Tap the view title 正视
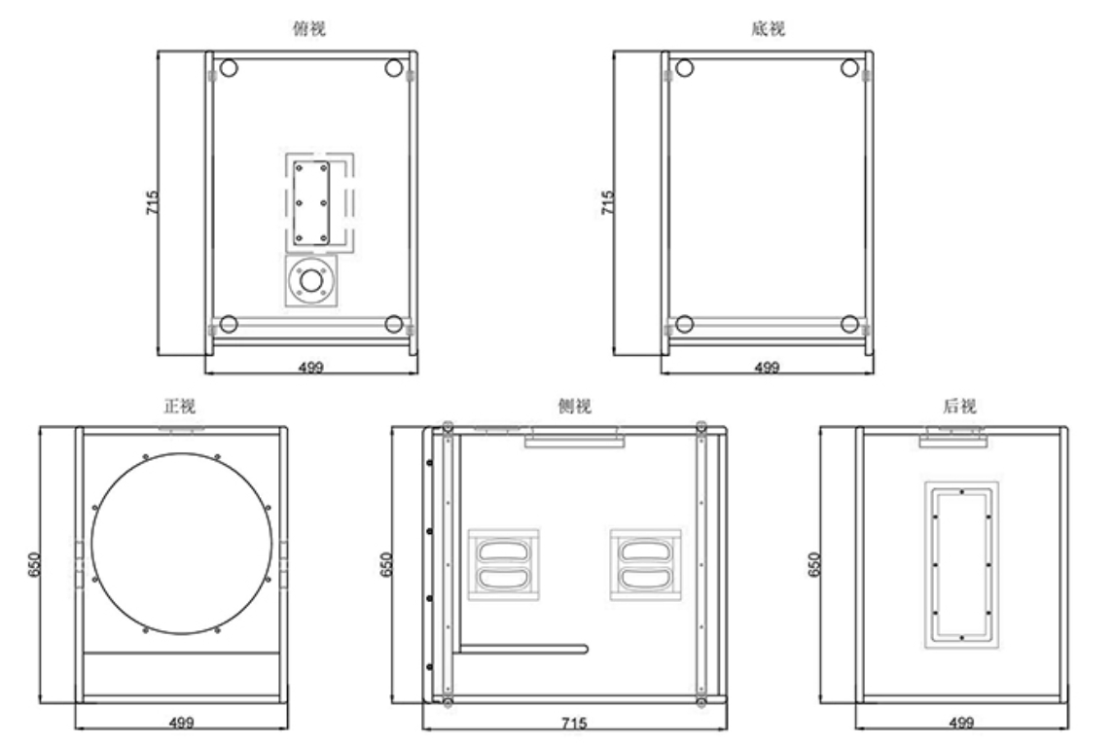click(182, 407)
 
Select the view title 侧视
click(574, 407)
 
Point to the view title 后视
click(961, 407)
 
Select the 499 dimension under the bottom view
click(768, 367)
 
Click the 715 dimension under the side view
click(574, 723)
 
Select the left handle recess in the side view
click(503, 565)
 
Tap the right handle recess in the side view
click(644, 565)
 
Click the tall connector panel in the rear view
click(961, 563)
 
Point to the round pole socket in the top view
click(311, 281)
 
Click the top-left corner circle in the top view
click(229, 69)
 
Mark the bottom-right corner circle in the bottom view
click(849, 324)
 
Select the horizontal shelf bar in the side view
click(523, 648)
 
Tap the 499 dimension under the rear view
click(961, 723)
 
